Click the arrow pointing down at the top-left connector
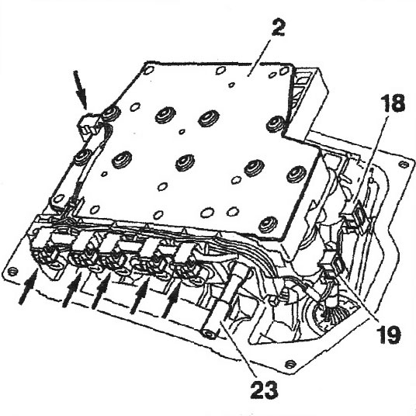point(80,89)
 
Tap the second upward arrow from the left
point(72,290)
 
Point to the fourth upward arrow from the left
point(140,297)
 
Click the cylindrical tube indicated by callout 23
point(223,303)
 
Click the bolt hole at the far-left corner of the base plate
point(12,272)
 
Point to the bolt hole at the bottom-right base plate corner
point(291,363)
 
